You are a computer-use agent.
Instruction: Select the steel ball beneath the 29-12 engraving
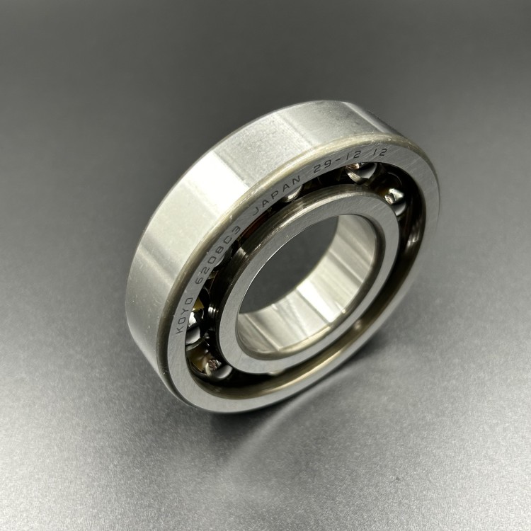tap(358, 173)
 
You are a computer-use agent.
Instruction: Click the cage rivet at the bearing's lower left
tap(212, 365)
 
